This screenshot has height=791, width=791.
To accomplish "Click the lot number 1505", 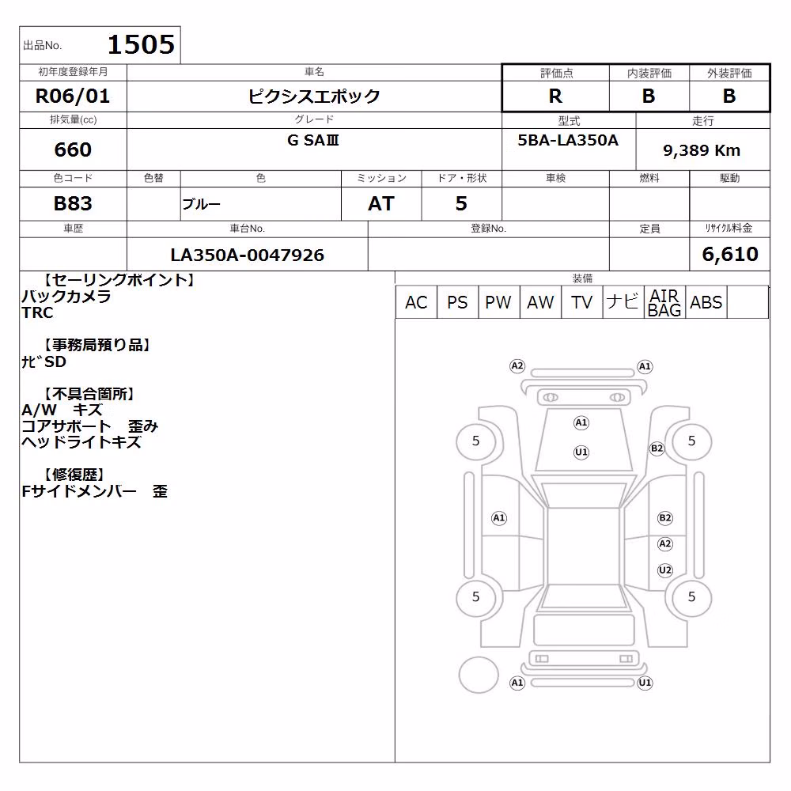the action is pyautogui.click(x=142, y=44).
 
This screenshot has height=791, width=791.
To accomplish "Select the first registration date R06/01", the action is pyautogui.click(x=73, y=96).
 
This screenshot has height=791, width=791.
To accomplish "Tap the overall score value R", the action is pyautogui.click(x=555, y=96).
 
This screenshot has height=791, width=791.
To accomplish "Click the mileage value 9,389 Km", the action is pyautogui.click(x=702, y=150).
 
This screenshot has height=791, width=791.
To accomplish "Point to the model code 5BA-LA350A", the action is pyautogui.click(x=568, y=140).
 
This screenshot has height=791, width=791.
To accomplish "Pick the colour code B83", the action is pyautogui.click(x=73, y=204).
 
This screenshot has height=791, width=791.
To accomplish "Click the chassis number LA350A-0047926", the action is pyautogui.click(x=247, y=255).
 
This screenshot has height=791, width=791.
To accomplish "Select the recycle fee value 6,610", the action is pyautogui.click(x=730, y=254).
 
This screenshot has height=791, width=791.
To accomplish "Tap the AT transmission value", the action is pyautogui.click(x=381, y=204).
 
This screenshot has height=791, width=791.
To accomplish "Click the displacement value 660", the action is pyautogui.click(x=73, y=149).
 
